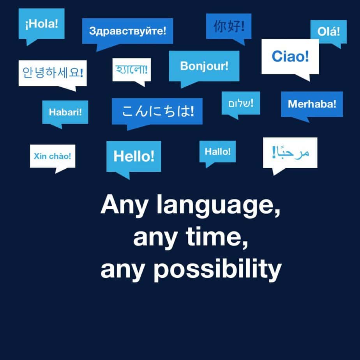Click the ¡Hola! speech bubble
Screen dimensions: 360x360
42,24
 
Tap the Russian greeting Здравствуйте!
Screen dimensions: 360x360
127,31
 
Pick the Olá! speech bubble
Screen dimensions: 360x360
328,32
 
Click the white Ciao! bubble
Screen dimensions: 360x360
290,56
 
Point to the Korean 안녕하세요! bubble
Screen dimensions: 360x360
53,73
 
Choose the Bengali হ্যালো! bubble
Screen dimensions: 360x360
131,70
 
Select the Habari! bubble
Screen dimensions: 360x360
65,112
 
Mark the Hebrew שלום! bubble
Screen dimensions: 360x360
240,103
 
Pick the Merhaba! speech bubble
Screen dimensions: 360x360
312,104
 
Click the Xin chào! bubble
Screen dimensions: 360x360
53,156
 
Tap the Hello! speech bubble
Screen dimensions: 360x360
134,156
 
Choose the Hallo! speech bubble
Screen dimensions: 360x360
217,152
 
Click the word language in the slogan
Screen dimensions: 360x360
218,205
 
